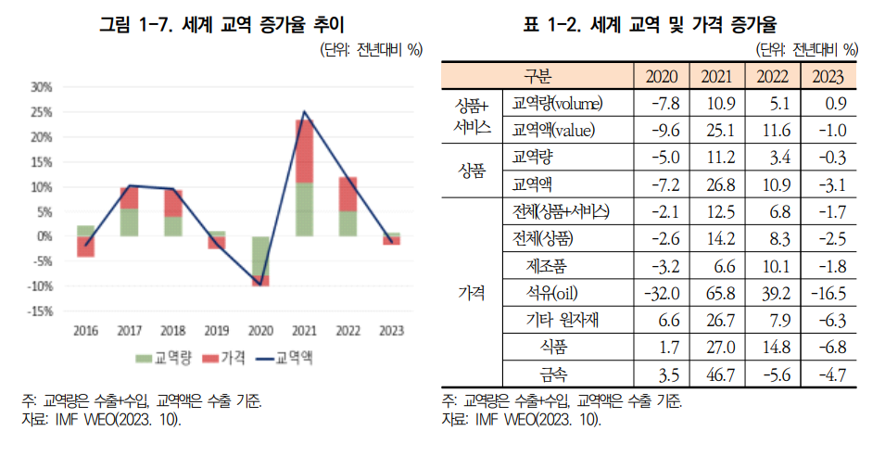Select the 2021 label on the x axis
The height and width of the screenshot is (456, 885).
pos(304,330)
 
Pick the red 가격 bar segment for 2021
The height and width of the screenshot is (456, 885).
pos(304,151)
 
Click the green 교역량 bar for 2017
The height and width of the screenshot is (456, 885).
pos(129,222)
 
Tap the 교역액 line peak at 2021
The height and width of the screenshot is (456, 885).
pos(304,112)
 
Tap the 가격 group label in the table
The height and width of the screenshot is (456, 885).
pos(473,294)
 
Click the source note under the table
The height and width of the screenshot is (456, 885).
pos(522,419)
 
